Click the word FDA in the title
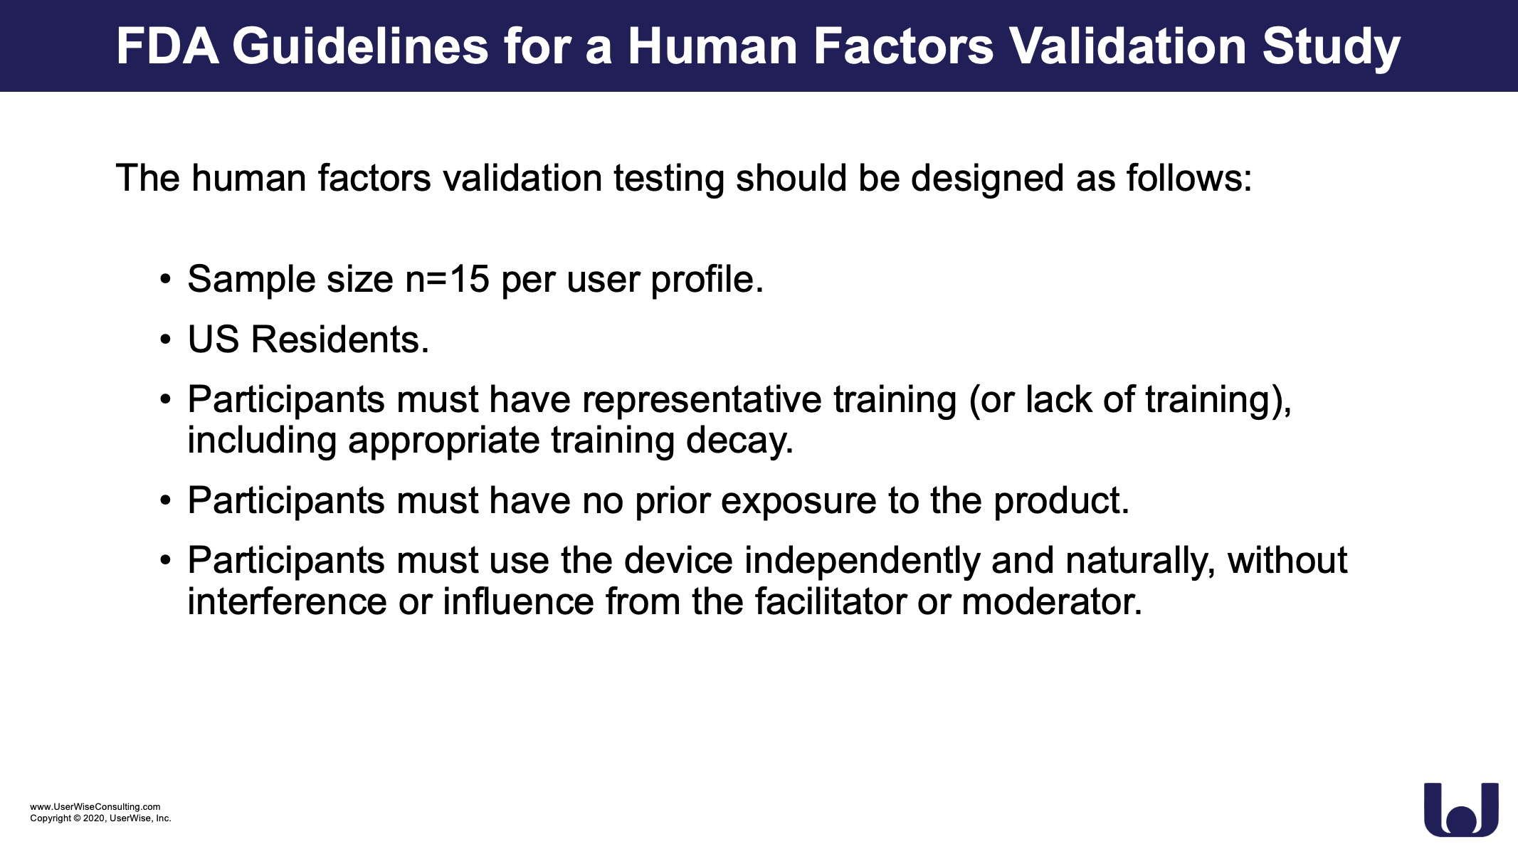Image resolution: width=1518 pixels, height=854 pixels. click(168, 46)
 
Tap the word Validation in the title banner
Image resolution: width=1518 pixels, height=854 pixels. click(1128, 46)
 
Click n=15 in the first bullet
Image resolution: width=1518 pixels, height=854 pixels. click(447, 279)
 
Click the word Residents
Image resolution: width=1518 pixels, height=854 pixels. click(340, 339)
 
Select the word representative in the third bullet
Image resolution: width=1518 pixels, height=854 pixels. click(702, 400)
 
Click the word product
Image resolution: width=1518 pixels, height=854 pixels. click(1061, 502)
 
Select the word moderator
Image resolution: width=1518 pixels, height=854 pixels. click(1052, 602)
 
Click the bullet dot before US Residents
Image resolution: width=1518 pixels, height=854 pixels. click(166, 340)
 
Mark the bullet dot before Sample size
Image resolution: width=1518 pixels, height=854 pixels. click(166, 280)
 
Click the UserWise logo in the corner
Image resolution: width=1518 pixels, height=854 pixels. click(1461, 810)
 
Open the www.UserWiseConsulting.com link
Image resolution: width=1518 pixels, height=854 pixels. click(95, 806)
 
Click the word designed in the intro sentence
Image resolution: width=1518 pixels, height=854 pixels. click(988, 179)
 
